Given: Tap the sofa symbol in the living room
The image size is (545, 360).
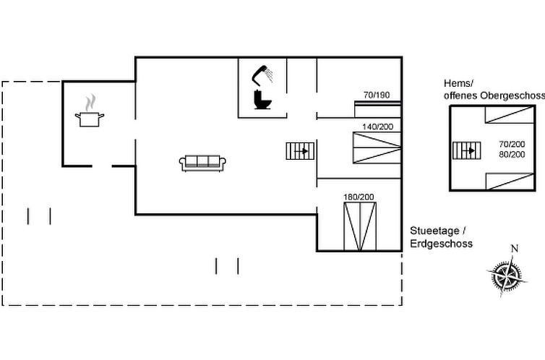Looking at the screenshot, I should click(203, 163).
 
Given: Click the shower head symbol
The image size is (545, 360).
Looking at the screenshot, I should click(261, 74).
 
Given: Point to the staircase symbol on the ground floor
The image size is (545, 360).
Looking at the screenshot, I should click(300, 151).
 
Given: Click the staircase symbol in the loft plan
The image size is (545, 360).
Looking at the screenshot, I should click(466, 150).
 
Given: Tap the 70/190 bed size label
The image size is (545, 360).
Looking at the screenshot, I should click(376, 95).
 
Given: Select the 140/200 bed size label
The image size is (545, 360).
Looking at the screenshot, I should click(377, 127).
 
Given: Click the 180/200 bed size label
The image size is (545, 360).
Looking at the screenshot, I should click(359, 197).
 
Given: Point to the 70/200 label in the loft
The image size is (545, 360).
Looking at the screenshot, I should click(511, 144).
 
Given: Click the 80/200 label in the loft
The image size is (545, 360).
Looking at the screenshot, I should click(511, 154).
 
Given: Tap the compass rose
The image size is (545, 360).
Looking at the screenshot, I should click(507, 275).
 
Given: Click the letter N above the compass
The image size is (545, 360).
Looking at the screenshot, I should click(514, 249).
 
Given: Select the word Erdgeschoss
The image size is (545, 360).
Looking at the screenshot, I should click(441, 244).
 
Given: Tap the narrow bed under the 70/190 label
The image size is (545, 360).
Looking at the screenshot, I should click(377, 108).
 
